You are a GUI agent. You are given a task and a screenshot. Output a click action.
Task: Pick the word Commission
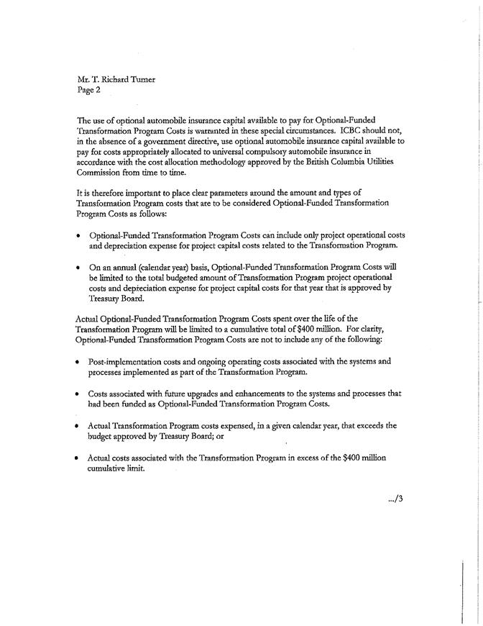click(101, 173)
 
